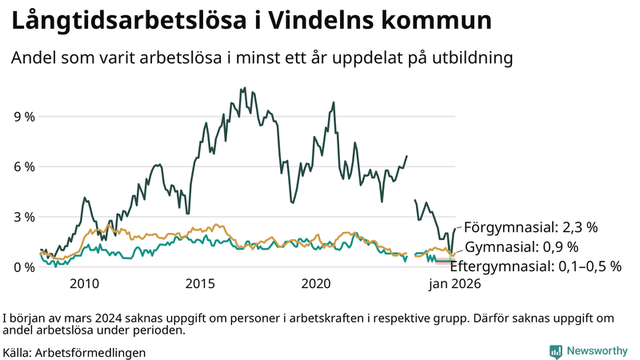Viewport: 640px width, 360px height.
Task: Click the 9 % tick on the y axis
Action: pyautogui.click(x=23, y=117)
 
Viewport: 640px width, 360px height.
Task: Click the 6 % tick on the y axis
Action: pyautogui.click(x=23, y=166)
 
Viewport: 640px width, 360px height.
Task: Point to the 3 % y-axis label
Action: pyautogui.click(x=23, y=217)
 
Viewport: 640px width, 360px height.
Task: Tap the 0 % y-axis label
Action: pyautogui.click(x=23, y=267)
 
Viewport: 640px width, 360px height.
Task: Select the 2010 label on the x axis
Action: pyautogui.click(x=85, y=284)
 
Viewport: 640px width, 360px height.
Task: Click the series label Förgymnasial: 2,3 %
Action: pyautogui.click(x=530, y=226)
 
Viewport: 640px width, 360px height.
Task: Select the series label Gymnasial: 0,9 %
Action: pyautogui.click(x=521, y=246)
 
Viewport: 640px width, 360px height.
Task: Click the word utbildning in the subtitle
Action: pyautogui.click(x=468, y=58)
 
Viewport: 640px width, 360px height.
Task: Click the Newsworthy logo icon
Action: pyautogui.click(x=555, y=350)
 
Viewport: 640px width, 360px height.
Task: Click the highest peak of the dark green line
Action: pyautogui.click(x=242, y=88)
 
